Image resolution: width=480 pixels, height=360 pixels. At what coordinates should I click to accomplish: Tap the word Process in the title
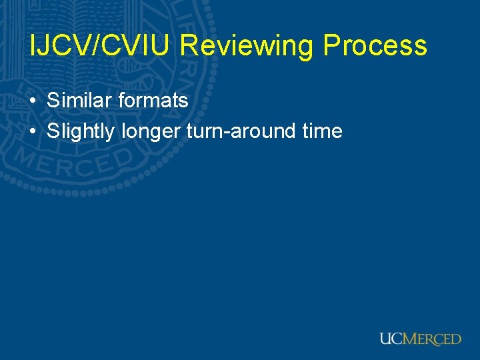(375, 45)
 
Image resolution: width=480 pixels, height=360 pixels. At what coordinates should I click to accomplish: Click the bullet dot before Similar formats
(33, 101)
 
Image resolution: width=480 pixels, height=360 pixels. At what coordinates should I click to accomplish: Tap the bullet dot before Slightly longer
(33, 131)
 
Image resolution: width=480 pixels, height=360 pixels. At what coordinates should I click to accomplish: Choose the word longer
(151, 132)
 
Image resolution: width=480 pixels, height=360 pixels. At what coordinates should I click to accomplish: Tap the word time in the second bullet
(322, 131)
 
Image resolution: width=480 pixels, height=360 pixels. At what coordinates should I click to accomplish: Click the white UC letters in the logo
(391, 339)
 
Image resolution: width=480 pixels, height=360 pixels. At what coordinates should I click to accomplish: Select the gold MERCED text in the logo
(432, 339)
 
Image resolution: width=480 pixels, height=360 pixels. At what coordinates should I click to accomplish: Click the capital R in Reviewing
(189, 45)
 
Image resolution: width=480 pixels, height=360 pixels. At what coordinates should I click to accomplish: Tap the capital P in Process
(332, 45)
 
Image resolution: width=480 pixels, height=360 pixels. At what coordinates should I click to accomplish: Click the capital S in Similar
(52, 101)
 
